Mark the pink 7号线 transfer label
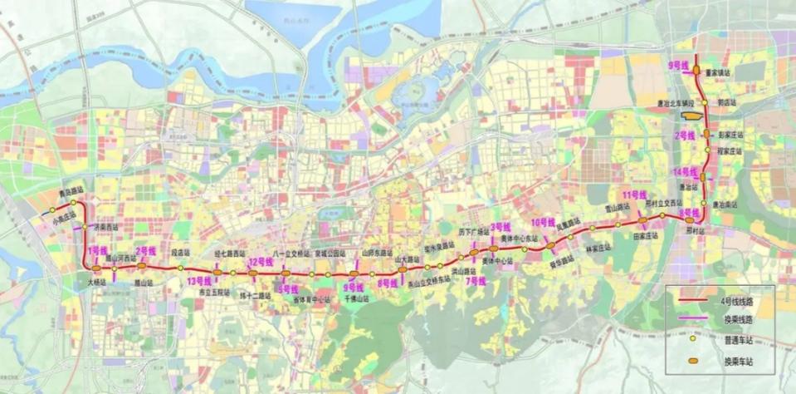[x=475, y=281]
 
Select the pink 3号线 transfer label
[x=500, y=226]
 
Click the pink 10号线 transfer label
[x=542, y=222]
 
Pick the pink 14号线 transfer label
[x=686, y=171]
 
